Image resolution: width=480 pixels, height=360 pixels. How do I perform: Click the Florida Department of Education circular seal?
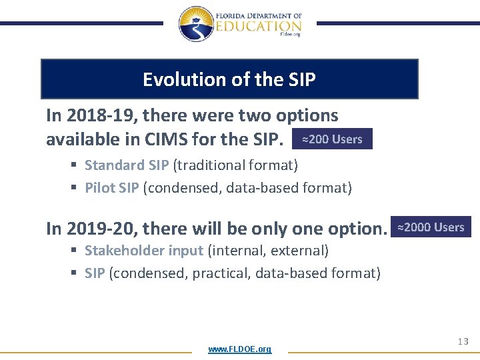click(x=196, y=24)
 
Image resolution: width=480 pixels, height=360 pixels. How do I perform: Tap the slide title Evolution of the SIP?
click(x=229, y=79)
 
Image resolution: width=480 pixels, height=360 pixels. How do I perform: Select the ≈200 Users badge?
click(x=332, y=139)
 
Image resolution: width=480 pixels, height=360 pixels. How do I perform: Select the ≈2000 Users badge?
click(x=431, y=227)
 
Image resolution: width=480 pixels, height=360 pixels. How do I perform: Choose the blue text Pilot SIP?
click(x=111, y=187)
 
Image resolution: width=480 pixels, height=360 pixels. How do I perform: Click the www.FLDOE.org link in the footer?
click(x=239, y=349)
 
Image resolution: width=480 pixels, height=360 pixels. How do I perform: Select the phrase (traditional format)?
click(x=235, y=165)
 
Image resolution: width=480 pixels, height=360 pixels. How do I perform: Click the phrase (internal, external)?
click(x=268, y=251)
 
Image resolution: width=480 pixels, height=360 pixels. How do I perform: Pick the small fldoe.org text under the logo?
click(x=291, y=34)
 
